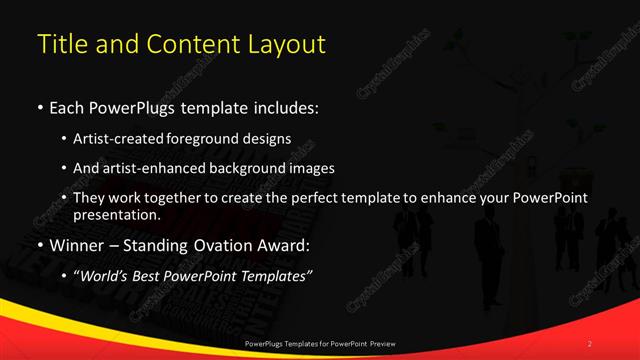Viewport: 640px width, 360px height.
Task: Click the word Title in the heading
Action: coord(61,44)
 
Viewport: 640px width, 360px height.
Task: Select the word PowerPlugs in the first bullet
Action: coord(131,107)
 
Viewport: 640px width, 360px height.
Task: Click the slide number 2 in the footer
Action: coord(590,343)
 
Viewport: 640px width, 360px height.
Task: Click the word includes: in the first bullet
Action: coord(288,107)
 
